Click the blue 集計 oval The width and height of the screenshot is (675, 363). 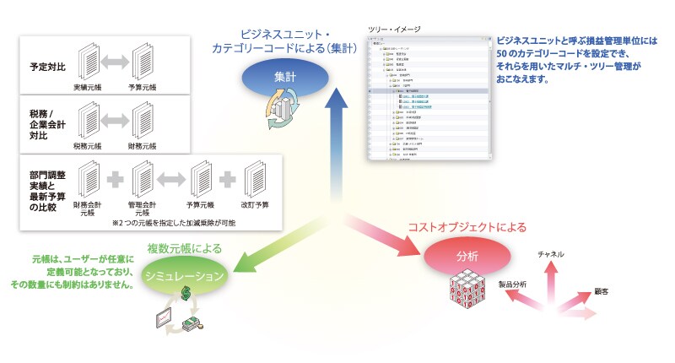click(284, 77)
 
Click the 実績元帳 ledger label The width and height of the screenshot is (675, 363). click(89, 86)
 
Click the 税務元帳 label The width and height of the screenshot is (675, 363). click(89, 144)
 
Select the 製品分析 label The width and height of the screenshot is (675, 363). click(512, 284)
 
